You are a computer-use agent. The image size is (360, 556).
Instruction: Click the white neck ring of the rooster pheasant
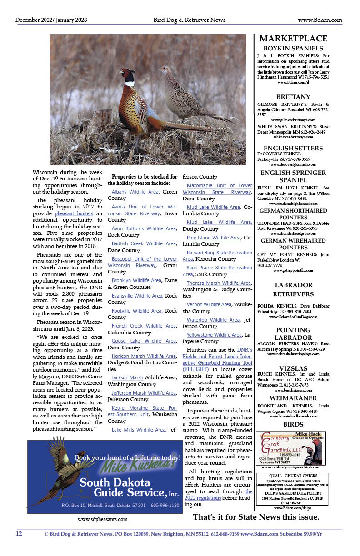[x=130, y=84]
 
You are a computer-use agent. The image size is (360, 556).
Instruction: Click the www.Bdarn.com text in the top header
[x=320, y=20]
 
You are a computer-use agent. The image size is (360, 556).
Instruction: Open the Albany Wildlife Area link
[x=135, y=192]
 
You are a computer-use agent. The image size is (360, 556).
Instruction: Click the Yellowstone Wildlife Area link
[x=214, y=335]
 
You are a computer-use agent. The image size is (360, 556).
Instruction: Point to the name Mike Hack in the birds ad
[x=307, y=434]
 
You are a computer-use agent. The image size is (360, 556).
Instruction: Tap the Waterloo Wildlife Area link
[x=213, y=320]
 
